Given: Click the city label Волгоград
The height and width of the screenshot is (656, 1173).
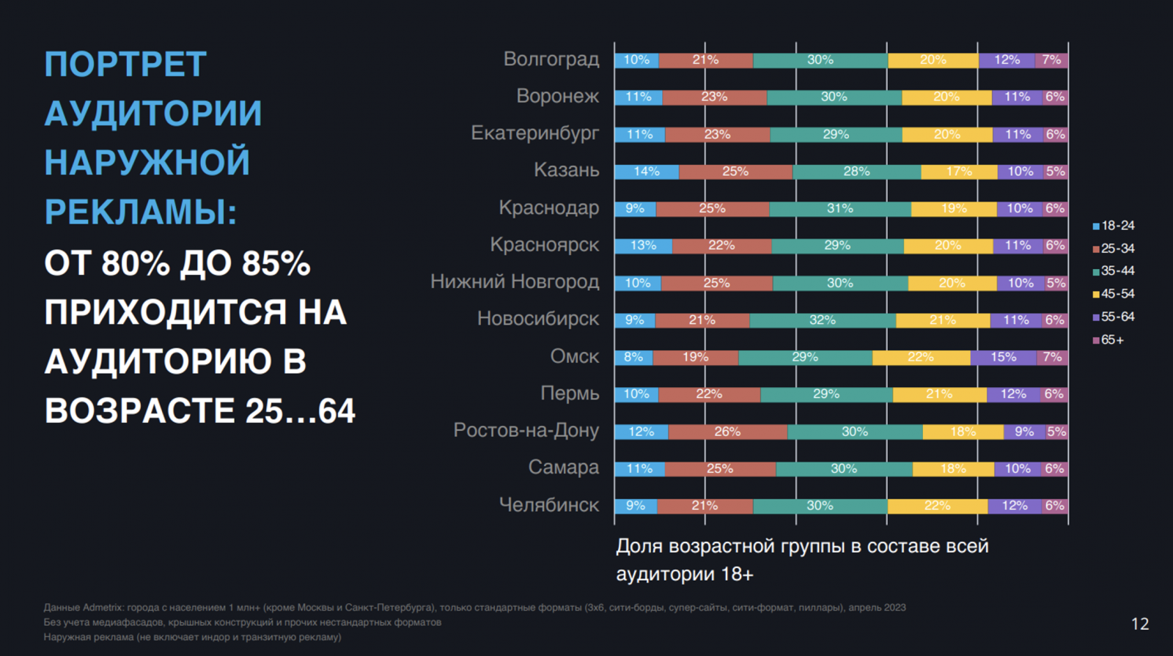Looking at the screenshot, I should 551,59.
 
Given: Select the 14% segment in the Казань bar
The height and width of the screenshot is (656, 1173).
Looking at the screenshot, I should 647,172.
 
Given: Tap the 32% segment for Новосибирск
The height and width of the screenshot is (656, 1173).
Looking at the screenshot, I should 822,320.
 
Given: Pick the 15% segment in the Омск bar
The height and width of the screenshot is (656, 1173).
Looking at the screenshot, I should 1003,357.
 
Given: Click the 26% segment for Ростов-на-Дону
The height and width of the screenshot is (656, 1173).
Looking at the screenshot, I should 727,432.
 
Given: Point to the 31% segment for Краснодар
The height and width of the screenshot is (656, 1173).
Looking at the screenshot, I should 839,209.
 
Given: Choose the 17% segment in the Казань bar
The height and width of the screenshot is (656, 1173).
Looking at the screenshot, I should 959,172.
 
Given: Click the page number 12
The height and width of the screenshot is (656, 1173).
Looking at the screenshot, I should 1140,624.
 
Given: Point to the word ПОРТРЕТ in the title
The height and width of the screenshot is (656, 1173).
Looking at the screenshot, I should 125,65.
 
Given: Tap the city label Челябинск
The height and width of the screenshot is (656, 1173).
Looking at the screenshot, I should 548,505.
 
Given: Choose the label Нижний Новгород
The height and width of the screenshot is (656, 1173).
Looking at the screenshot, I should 515,282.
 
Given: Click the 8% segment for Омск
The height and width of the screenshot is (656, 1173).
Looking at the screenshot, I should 633,357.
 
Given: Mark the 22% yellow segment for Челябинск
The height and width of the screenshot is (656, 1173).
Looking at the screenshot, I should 937,506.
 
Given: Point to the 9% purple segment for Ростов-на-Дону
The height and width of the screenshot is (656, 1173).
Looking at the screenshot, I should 1023,432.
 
